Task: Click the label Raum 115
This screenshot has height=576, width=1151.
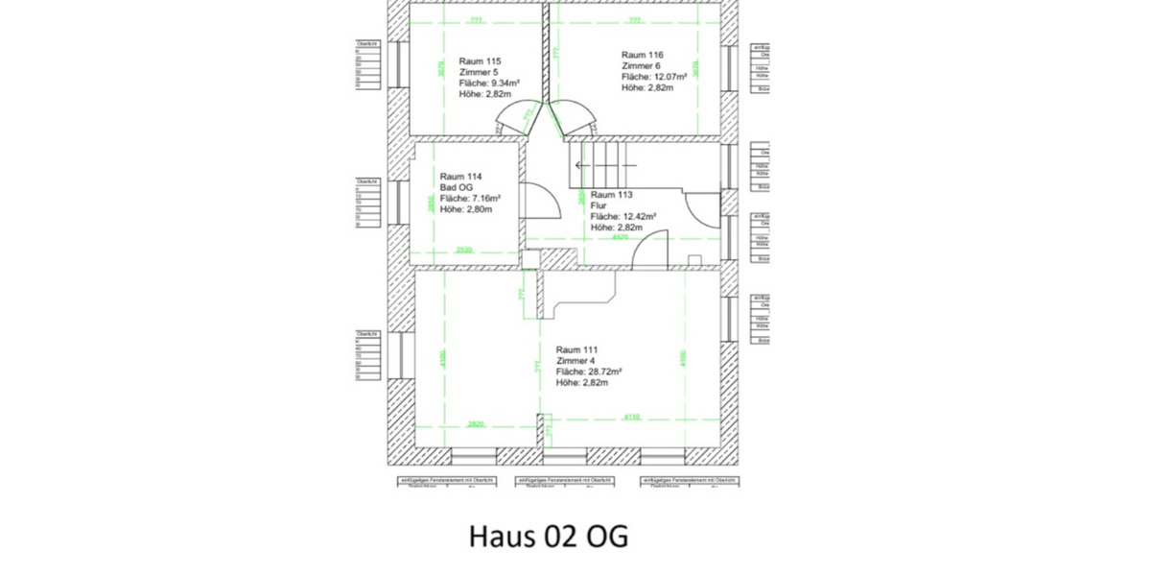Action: (x=480, y=60)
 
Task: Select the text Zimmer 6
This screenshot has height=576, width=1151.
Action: (x=642, y=65)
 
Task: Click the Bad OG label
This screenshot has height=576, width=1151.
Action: (x=456, y=187)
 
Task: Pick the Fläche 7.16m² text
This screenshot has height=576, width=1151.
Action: (x=470, y=198)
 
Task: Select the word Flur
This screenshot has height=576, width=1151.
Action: (x=599, y=205)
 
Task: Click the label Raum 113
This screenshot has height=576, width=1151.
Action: (x=612, y=194)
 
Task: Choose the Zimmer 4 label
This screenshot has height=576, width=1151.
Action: (x=576, y=361)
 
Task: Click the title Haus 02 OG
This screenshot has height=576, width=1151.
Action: (x=549, y=536)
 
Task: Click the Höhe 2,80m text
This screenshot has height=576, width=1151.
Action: (x=466, y=208)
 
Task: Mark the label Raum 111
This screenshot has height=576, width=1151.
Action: (x=577, y=349)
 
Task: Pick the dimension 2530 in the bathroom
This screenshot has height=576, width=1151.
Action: (x=464, y=250)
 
